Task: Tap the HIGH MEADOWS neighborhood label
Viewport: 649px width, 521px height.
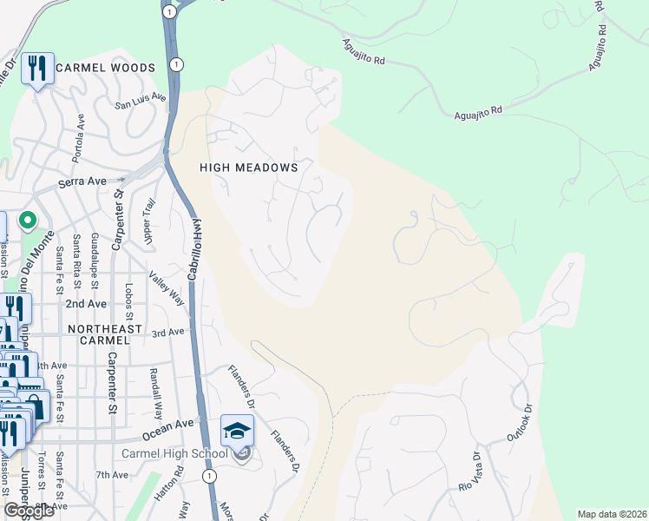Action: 249,168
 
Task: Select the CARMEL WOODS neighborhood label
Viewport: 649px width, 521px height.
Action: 105,68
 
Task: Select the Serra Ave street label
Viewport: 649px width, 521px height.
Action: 82,182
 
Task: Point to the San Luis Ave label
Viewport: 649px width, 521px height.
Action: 141,102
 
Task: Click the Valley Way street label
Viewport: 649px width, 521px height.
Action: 167,288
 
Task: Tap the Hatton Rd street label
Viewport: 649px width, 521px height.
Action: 180,481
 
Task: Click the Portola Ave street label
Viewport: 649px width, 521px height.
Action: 81,134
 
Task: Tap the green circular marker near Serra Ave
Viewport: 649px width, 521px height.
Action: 28,221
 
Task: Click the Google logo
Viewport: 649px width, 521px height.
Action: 29,511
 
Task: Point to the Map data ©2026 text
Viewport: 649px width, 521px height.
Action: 612,514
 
